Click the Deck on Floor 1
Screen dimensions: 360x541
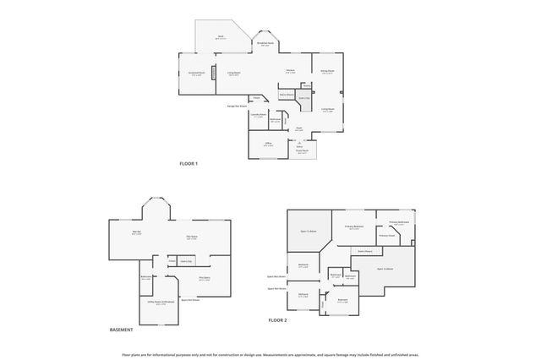[221, 38]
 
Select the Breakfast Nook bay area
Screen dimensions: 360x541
[265, 44]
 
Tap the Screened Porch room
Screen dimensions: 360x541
[196, 74]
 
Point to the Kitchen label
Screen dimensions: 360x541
[290, 71]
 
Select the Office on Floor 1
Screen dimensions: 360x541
[267, 145]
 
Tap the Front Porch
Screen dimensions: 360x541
[302, 152]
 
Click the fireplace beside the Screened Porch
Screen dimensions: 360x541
[214, 73]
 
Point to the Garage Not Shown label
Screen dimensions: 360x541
[237, 106]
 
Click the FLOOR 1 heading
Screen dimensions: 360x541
[188, 163]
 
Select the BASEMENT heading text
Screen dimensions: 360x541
[122, 330]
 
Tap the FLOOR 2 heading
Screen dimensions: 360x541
[278, 321]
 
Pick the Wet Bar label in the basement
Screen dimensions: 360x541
[136, 234]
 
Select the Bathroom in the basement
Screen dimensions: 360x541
[146, 278]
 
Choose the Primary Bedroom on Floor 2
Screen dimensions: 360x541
[354, 226]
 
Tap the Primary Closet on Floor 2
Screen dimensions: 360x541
[387, 236]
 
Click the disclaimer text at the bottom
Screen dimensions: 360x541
[270, 355]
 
